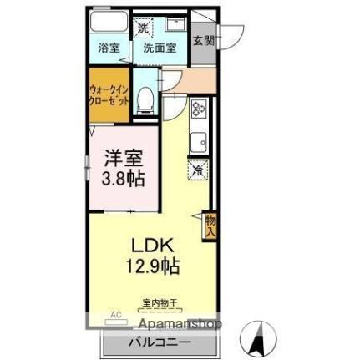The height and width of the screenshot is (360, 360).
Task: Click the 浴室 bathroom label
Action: pyautogui.click(x=108, y=48)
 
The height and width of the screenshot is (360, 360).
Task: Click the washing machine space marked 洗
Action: pyautogui.click(x=143, y=28)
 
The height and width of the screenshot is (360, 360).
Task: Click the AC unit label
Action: pyautogui.click(x=116, y=316)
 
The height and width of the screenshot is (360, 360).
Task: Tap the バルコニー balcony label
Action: pyautogui.click(x=159, y=343)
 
